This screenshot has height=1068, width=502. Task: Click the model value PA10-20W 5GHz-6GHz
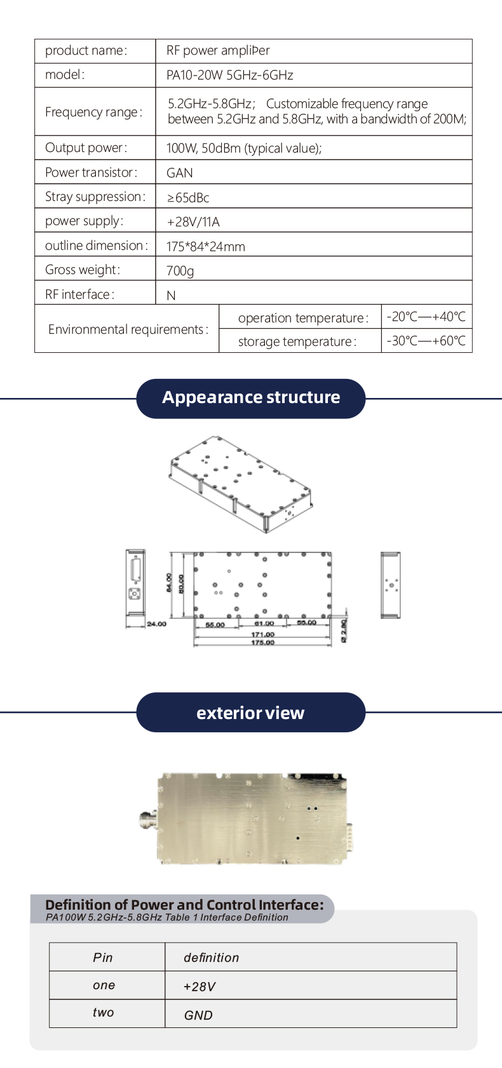click(229, 75)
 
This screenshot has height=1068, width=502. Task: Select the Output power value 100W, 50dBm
click(244, 148)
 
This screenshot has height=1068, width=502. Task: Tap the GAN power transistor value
click(179, 173)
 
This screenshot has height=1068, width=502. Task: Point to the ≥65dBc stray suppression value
click(188, 198)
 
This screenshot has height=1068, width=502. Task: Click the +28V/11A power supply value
click(193, 222)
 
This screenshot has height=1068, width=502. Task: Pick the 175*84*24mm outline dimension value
click(205, 247)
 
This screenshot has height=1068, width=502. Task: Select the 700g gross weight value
click(180, 271)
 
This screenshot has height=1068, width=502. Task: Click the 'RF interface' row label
click(79, 294)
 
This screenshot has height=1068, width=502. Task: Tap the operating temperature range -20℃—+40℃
click(426, 317)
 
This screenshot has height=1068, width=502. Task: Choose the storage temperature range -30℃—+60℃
click(426, 341)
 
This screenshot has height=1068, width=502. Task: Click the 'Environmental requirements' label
click(128, 329)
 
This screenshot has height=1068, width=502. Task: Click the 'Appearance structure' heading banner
click(251, 398)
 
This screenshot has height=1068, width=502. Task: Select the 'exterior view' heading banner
click(250, 713)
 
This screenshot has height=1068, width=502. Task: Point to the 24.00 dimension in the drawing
click(156, 624)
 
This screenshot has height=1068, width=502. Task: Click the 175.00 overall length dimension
click(262, 643)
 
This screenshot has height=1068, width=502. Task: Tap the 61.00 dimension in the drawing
click(264, 624)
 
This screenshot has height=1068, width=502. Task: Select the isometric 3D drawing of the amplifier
click(241, 483)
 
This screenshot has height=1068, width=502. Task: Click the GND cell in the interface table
click(198, 1015)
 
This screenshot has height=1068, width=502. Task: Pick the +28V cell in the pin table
click(200, 987)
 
